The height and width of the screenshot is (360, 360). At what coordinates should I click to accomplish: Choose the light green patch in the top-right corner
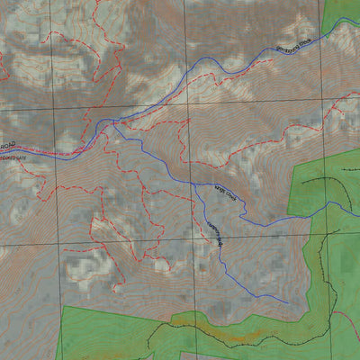[x=342, y=13]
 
